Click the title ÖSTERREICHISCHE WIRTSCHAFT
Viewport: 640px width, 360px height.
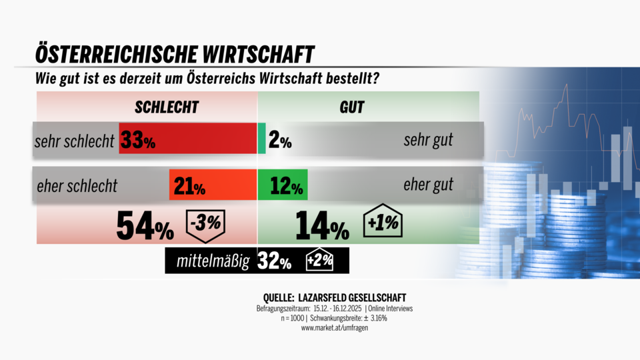pyautogui.click(x=175, y=53)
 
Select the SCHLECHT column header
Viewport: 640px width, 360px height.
pyautogui.click(x=167, y=107)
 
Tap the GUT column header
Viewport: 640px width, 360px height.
pyautogui.click(x=351, y=107)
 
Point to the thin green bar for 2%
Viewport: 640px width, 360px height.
pyautogui.click(x=262, y=139)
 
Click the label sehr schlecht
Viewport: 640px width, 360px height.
pyautogui.click(x=75, y=141)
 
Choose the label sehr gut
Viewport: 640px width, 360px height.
pyautogui.click(x=428, y=140)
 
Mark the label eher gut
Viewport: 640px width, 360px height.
pyautogui.click(x=428, y=185)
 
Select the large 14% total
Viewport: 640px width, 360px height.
pyautogui.click(x=322, y=227)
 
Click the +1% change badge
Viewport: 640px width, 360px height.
pyautogui.click(x=384, y=223)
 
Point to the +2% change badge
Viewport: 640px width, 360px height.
pyautogui.click(x=319, y=261)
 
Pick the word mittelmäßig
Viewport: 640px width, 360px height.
pyautogui.click(x=213, y=261)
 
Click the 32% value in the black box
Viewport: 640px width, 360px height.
pyautogui.click(x=275, y=261)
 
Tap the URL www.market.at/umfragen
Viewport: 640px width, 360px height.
pyautogui.click(x=331, y=327)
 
